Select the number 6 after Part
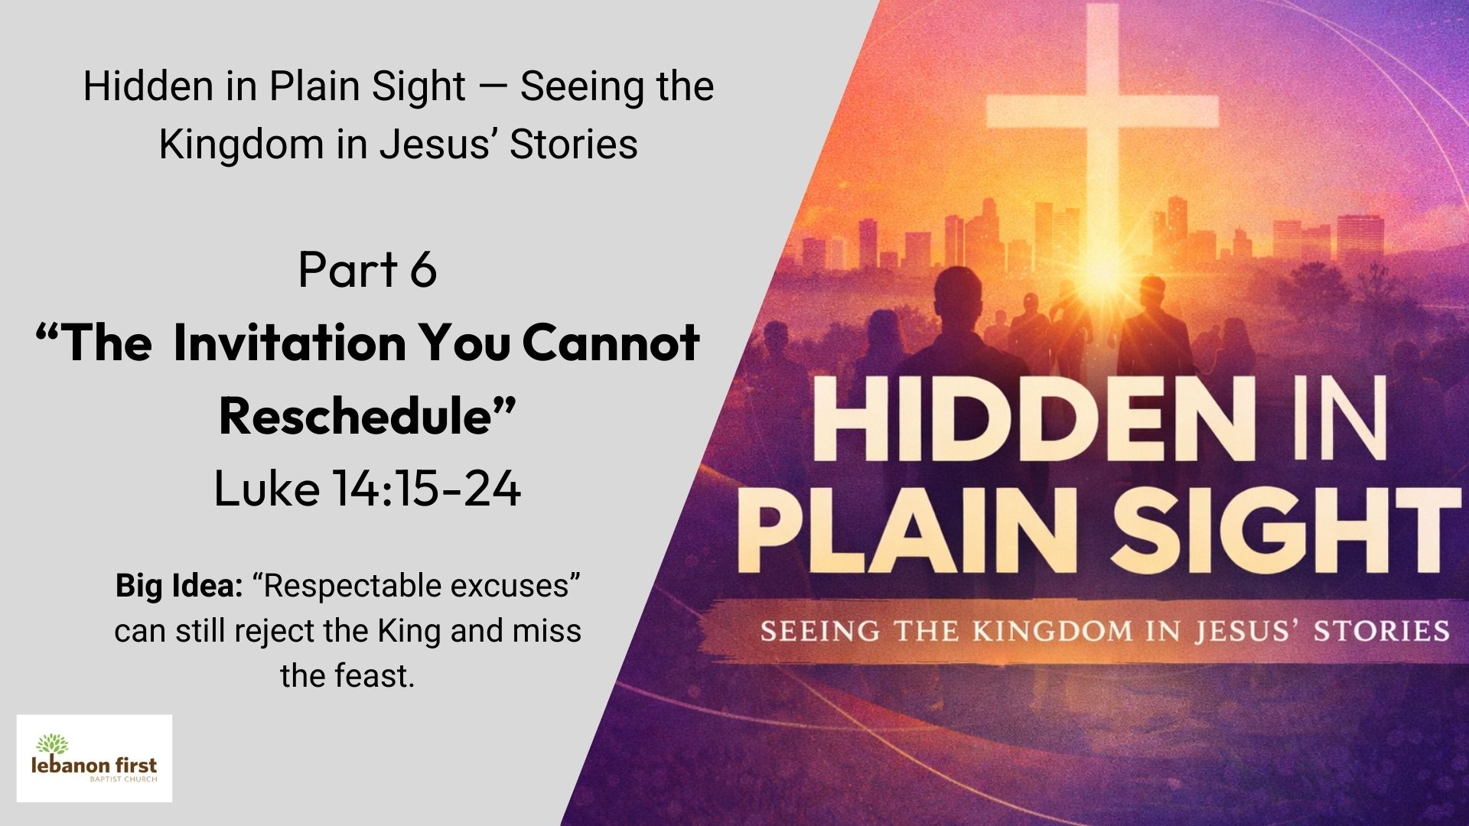[x=422, y=269]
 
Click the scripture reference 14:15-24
[x=427, y=489]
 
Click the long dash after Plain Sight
[x=493, y=87]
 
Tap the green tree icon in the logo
[x=52, y=743]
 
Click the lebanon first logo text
[x=93, y=765]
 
